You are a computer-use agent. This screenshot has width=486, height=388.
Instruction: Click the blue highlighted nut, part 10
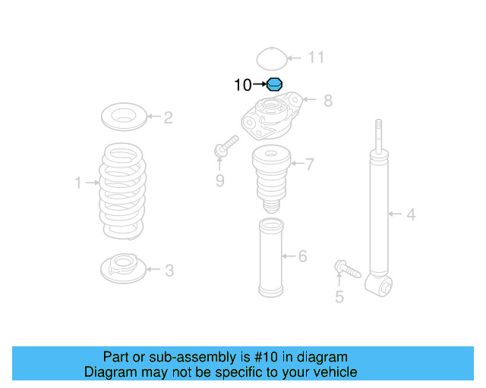coord(275,85)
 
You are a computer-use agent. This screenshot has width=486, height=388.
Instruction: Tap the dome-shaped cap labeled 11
coord(270,58)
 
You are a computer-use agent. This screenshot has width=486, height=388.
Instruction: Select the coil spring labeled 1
coord(122,189)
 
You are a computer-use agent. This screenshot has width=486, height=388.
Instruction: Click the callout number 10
coord(241,85)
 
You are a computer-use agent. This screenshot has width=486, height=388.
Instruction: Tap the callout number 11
coord(316,58)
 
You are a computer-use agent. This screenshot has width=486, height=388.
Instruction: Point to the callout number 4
coord(411,214)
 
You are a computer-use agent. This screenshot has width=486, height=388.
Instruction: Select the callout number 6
coord(302,256)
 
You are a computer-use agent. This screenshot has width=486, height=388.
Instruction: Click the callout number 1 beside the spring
coord(77,182)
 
